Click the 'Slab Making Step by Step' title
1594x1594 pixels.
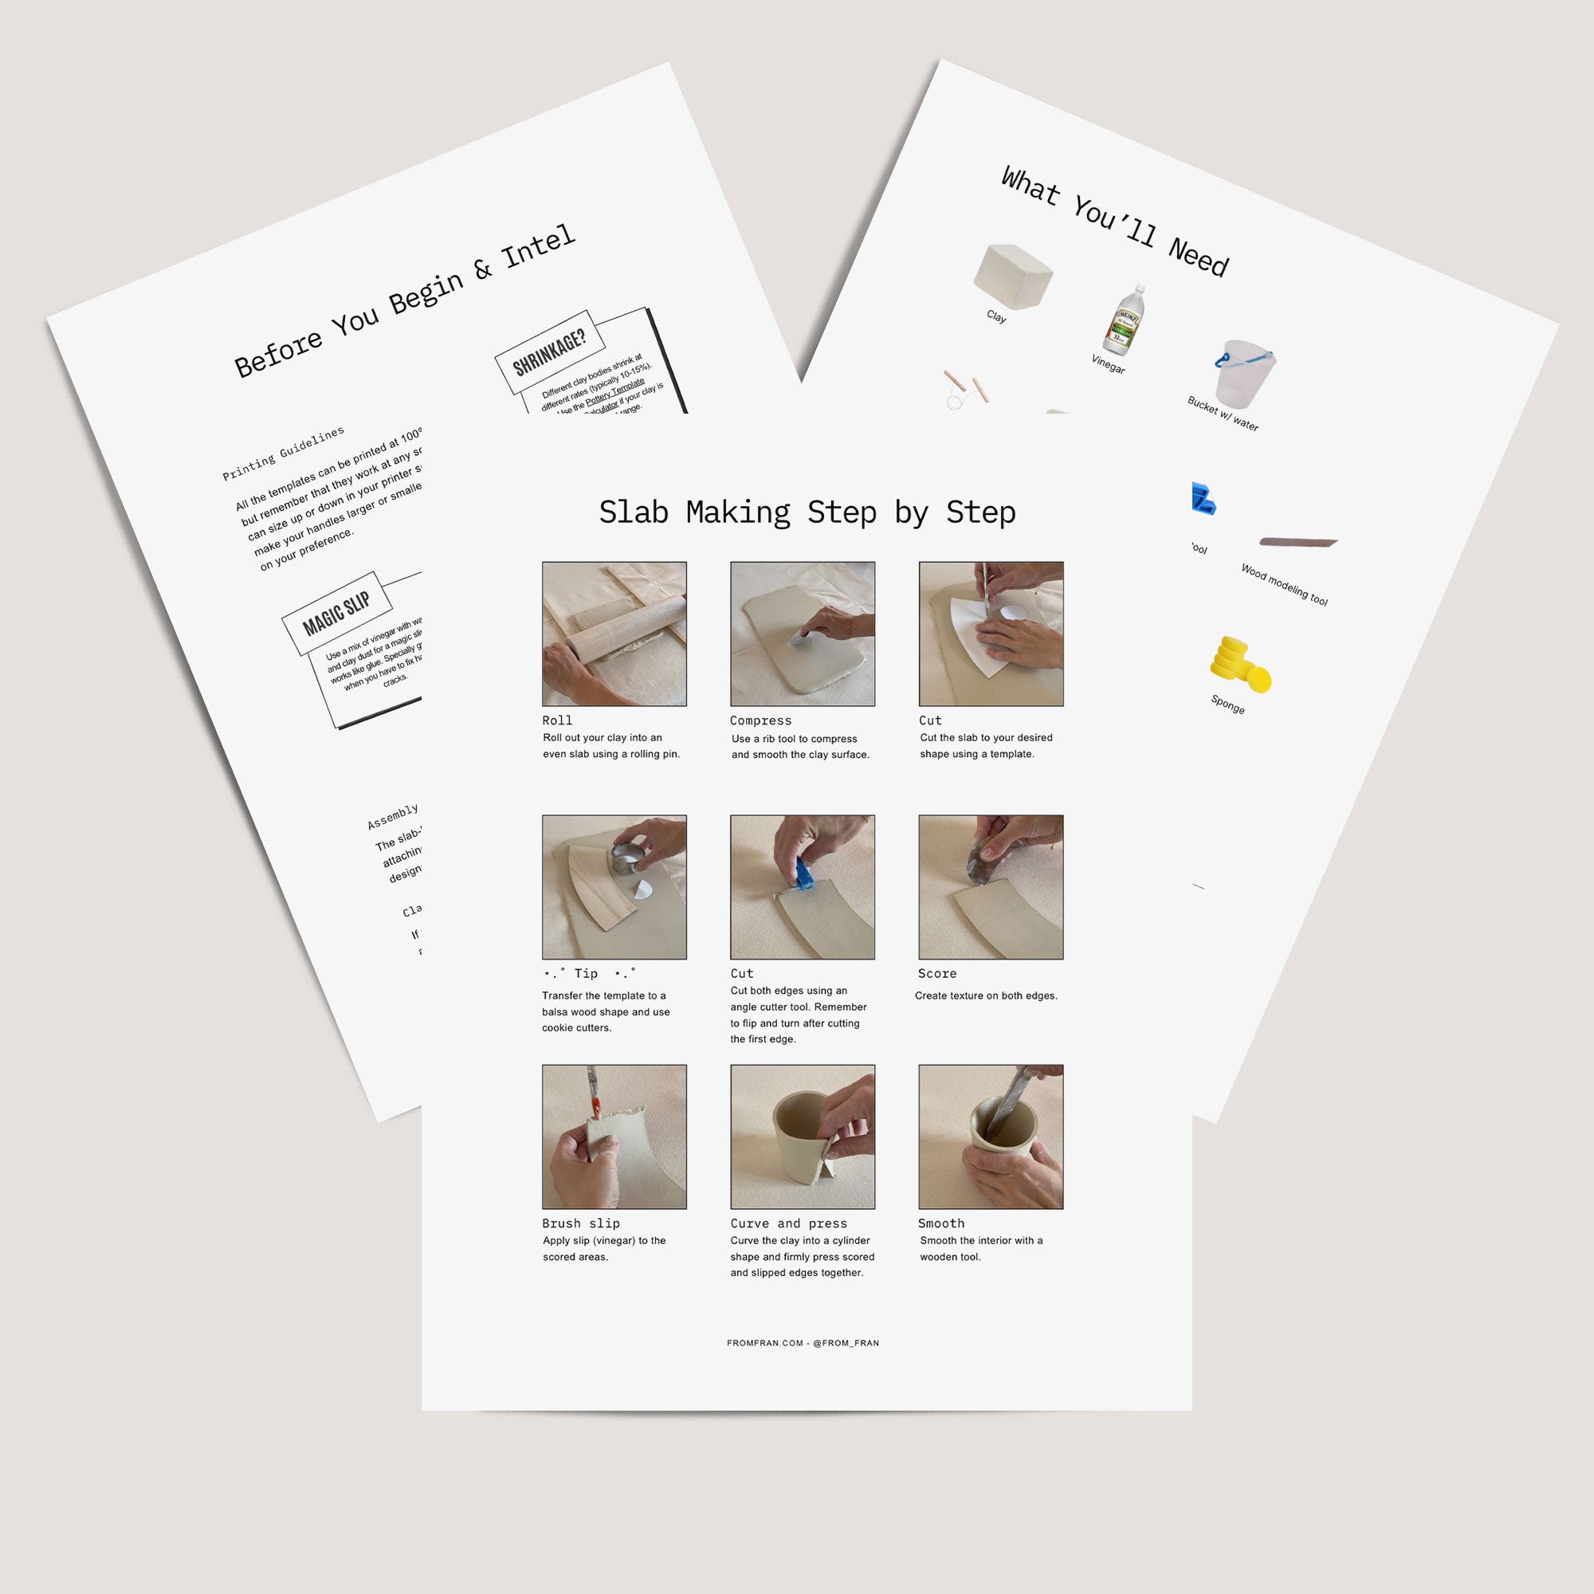(x=807, y=512)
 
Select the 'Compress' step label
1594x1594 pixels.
(x=760, y=720)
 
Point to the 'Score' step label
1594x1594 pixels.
(x=937, y=974)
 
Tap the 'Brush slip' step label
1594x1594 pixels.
(x=581, y=1223)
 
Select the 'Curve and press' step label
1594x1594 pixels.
(x=788, y=1223)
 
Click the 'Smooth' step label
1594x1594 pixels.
(x=940, y=1223)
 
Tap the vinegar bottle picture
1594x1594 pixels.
(x=1124, y=321)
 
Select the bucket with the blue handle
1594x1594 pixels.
(x=1244, y=372)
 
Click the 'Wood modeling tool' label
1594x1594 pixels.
(x=1284, y=584)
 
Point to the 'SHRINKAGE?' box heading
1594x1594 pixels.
(x=548, y=352)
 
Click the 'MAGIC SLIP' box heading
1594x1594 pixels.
(x=336, y=613)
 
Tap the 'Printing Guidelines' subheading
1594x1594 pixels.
(x=283, y=453)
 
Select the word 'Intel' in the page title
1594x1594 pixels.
(x=539, y=245)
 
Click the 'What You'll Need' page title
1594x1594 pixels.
(x=1115, y=220)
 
